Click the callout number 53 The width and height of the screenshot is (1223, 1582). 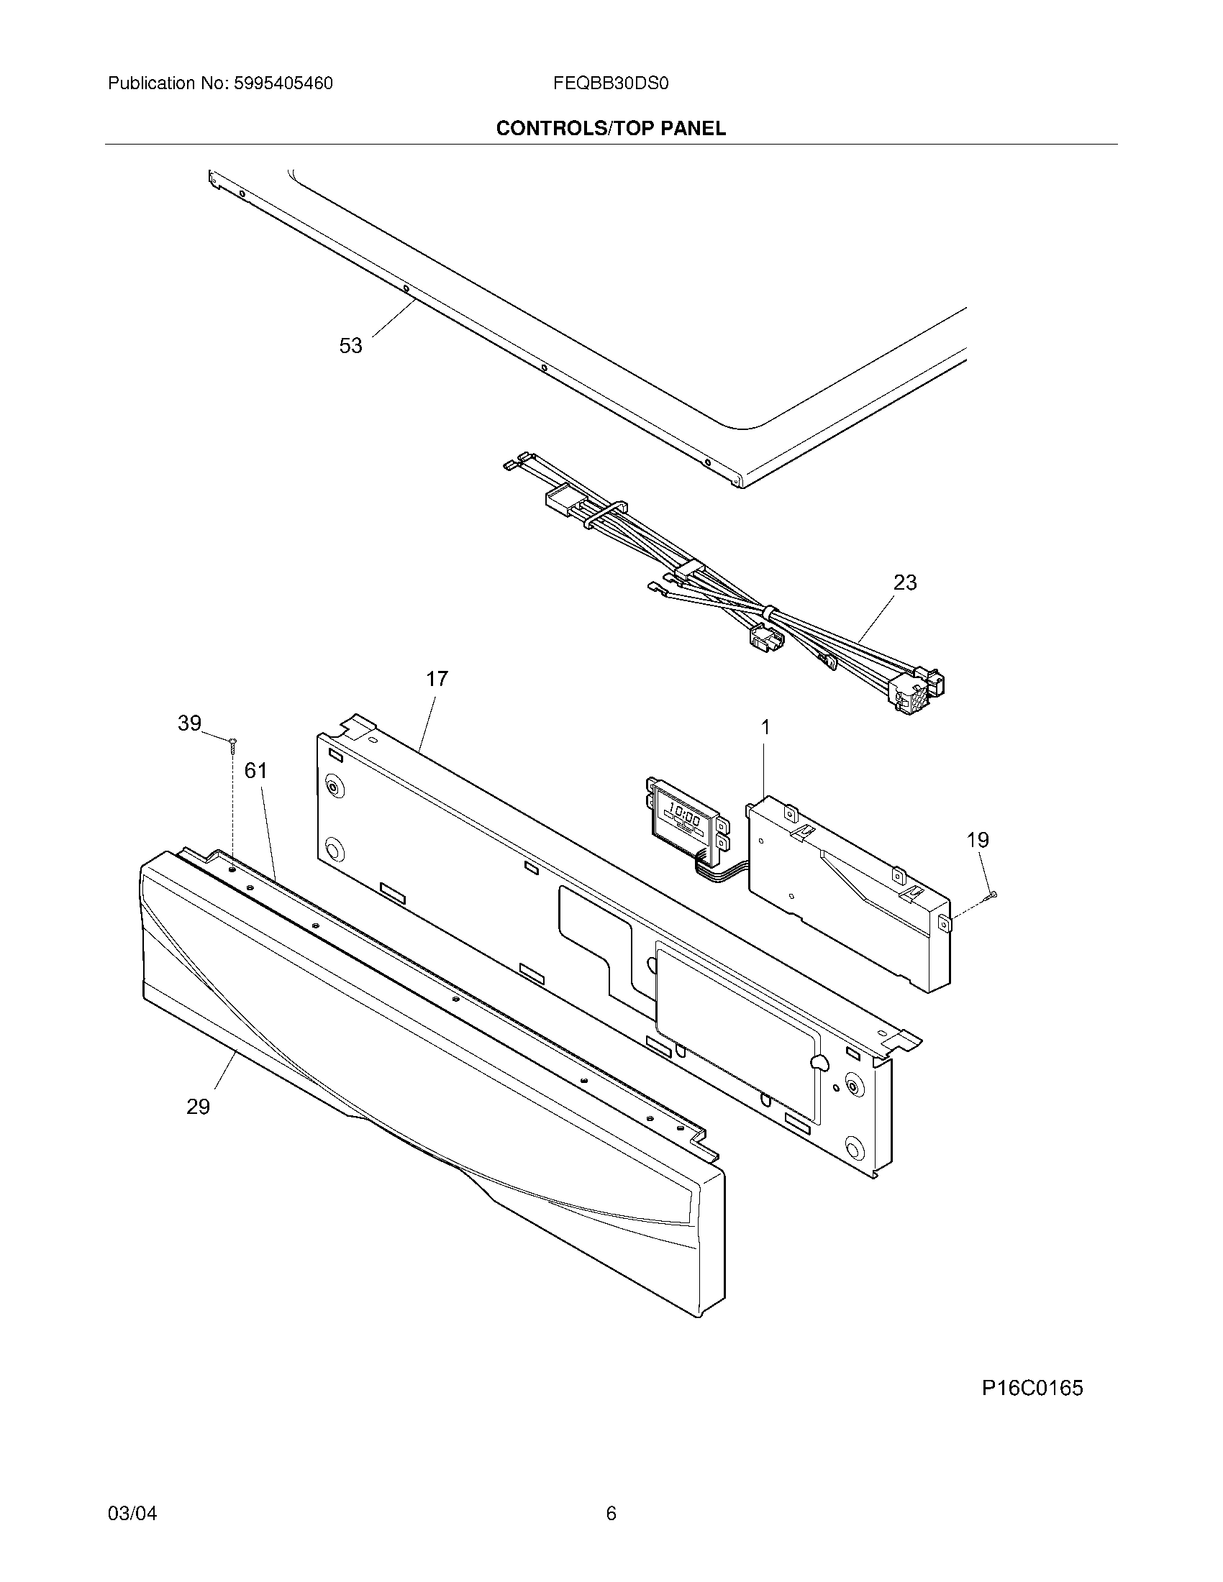pyautogui.click(x=350, y=347)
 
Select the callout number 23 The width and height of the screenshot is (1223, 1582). pyautogui.click(x=905, y=582)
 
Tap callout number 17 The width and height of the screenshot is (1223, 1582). pyautogui.click(x=437, y=679)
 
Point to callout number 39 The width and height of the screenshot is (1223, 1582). pyautogui.click(x=189, y=723)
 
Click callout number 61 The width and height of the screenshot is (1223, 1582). pyautogui.click(x=256, y=770)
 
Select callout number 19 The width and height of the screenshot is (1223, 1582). pyautogui.click(x=978, y=839)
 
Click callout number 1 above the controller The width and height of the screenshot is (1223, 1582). pyautogui.click(x=765, y=726)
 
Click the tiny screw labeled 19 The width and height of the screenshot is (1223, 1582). pyautogui.click(x=992, y=897)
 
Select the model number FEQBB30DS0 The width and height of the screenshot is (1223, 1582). pyautogui.click(x=610, y=83)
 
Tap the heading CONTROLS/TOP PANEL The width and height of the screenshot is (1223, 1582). pyautogui.click(x=610, y=129)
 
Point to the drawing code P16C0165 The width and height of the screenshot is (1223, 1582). pyautogui.click(x=1032, y=1388)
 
